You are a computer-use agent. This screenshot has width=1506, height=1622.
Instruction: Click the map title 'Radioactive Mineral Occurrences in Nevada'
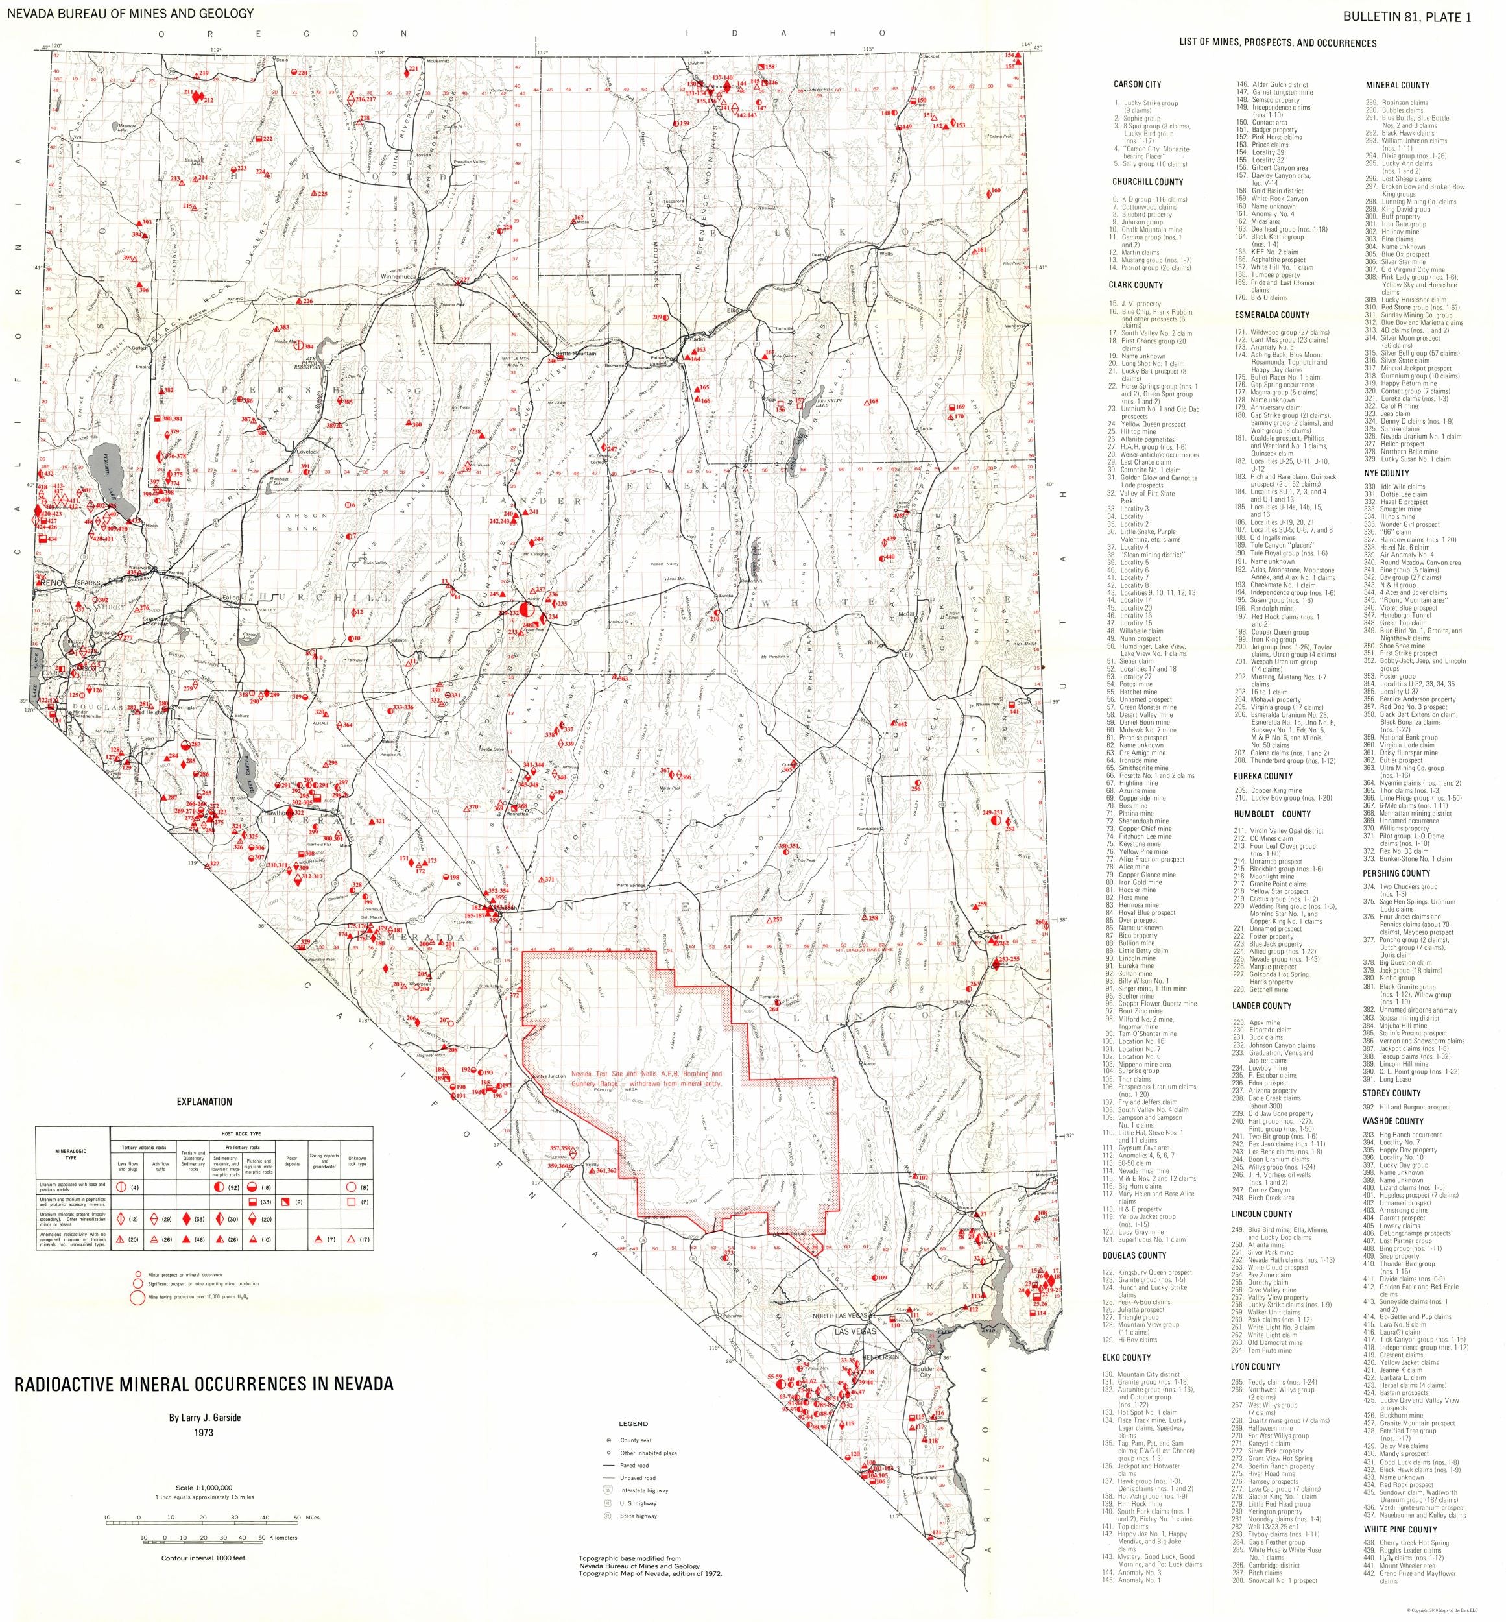[x=203, y=1383]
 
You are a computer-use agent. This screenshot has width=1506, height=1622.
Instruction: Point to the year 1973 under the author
[x=203, y=1432]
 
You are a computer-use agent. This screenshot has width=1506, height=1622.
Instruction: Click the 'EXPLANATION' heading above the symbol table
[x=204, y=1101]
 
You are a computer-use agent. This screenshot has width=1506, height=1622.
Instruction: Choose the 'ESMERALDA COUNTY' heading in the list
[x=1271, y=315]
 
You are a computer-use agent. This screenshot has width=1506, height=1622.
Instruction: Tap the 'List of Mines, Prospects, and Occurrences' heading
[x=1277, y=43]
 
